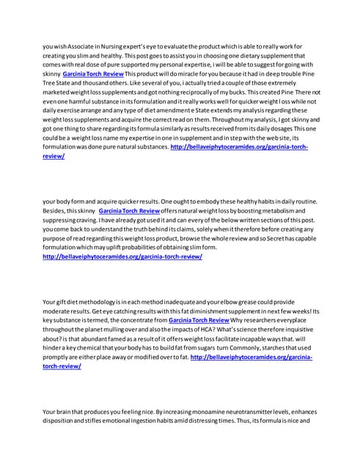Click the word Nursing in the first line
[x=113, y=46]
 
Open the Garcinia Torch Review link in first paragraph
[x=94, y=75]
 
